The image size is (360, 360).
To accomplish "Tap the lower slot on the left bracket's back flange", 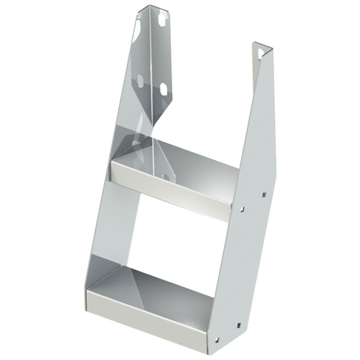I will coord(164,89).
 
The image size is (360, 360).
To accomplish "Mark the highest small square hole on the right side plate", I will coord(264,194).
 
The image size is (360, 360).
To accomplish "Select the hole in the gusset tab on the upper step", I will coord(166,176).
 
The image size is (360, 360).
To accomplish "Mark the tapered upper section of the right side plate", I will coord(259,118).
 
